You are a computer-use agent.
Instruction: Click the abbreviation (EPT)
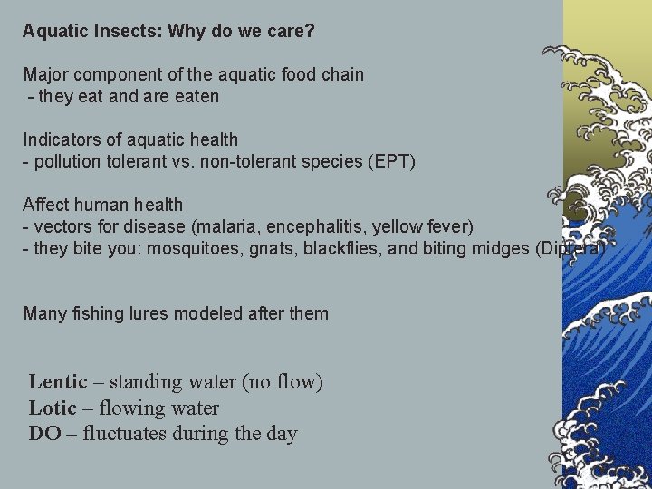pos(391,161)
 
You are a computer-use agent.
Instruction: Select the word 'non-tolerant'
pos(260,161)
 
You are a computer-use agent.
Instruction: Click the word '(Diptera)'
pos(570,248)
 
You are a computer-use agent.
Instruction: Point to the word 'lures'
pos(163,313)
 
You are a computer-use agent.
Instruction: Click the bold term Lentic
pos(58,382)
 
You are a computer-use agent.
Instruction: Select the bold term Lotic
pos(53,407)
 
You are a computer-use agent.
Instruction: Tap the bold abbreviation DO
pos(44,433)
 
